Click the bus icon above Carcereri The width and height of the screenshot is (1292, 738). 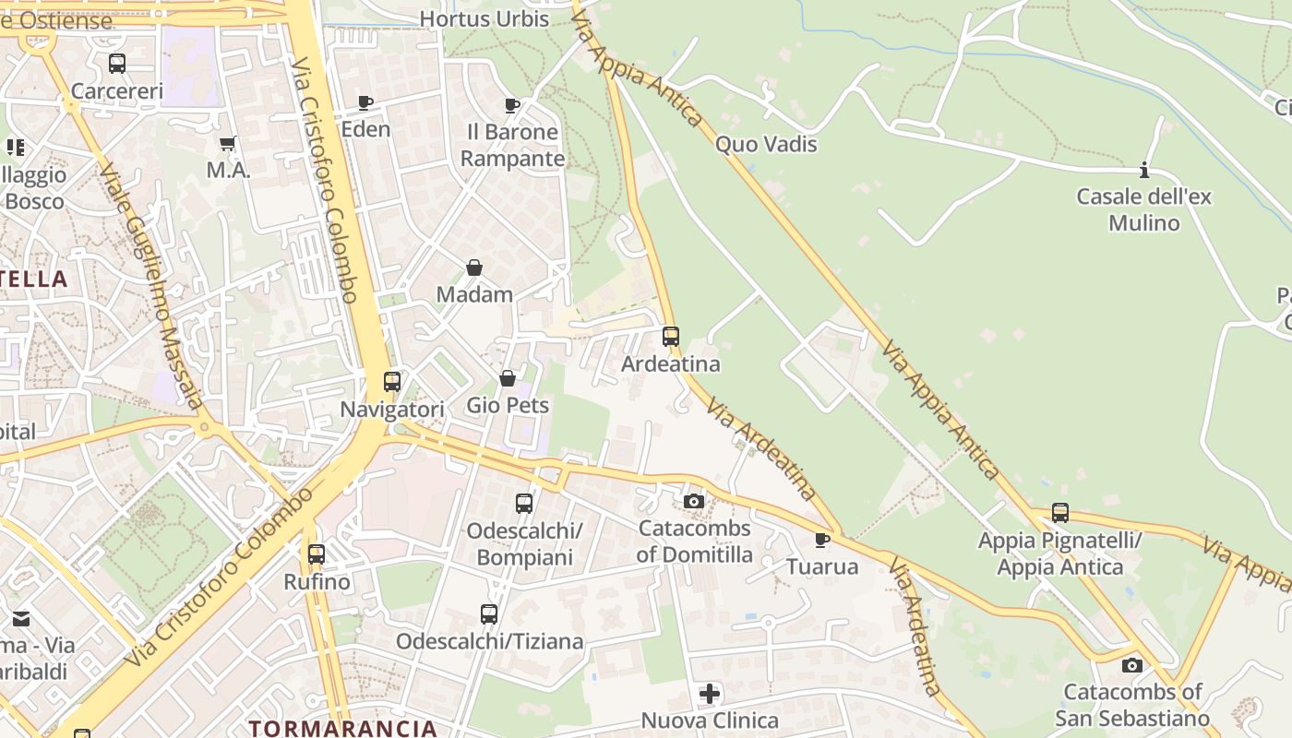click(x=117, y=64)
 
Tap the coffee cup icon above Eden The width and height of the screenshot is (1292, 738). click(x=365, y=102)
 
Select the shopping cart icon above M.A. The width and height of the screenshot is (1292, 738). click(x=228, y=143)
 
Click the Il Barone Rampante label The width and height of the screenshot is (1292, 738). click(x=512, y=145)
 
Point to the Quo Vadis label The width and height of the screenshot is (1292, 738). click(x=766, y=144)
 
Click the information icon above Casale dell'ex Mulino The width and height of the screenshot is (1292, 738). click(x=1144, y=170)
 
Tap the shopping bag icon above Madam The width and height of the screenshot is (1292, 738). click(x=474, y=268)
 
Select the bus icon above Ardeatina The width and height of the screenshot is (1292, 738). click(x=671, y=337)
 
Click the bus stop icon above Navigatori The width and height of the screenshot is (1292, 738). click(x=392, y=381)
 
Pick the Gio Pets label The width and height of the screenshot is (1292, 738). click(x=508, y=405)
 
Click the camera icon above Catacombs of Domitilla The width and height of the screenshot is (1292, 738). click(x=694, y=501)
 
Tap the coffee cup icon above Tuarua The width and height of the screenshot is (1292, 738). click(x=822, y=540)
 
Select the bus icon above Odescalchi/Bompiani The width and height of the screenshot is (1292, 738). click(x=524, y=503)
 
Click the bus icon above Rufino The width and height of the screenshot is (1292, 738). click(x=317, y=554)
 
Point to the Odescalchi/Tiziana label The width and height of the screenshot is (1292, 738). click(x=490, y=641)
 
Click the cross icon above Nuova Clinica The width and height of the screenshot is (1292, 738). click(x=710, y=693)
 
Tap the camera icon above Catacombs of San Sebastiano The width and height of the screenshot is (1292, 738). click(x=1132, y=665)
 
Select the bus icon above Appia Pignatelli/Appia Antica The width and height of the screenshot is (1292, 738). click(x=1060, y=513)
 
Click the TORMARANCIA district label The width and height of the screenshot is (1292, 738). click(x=341, y=728)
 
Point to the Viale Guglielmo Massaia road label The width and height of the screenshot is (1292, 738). click(x=152, y=286)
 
